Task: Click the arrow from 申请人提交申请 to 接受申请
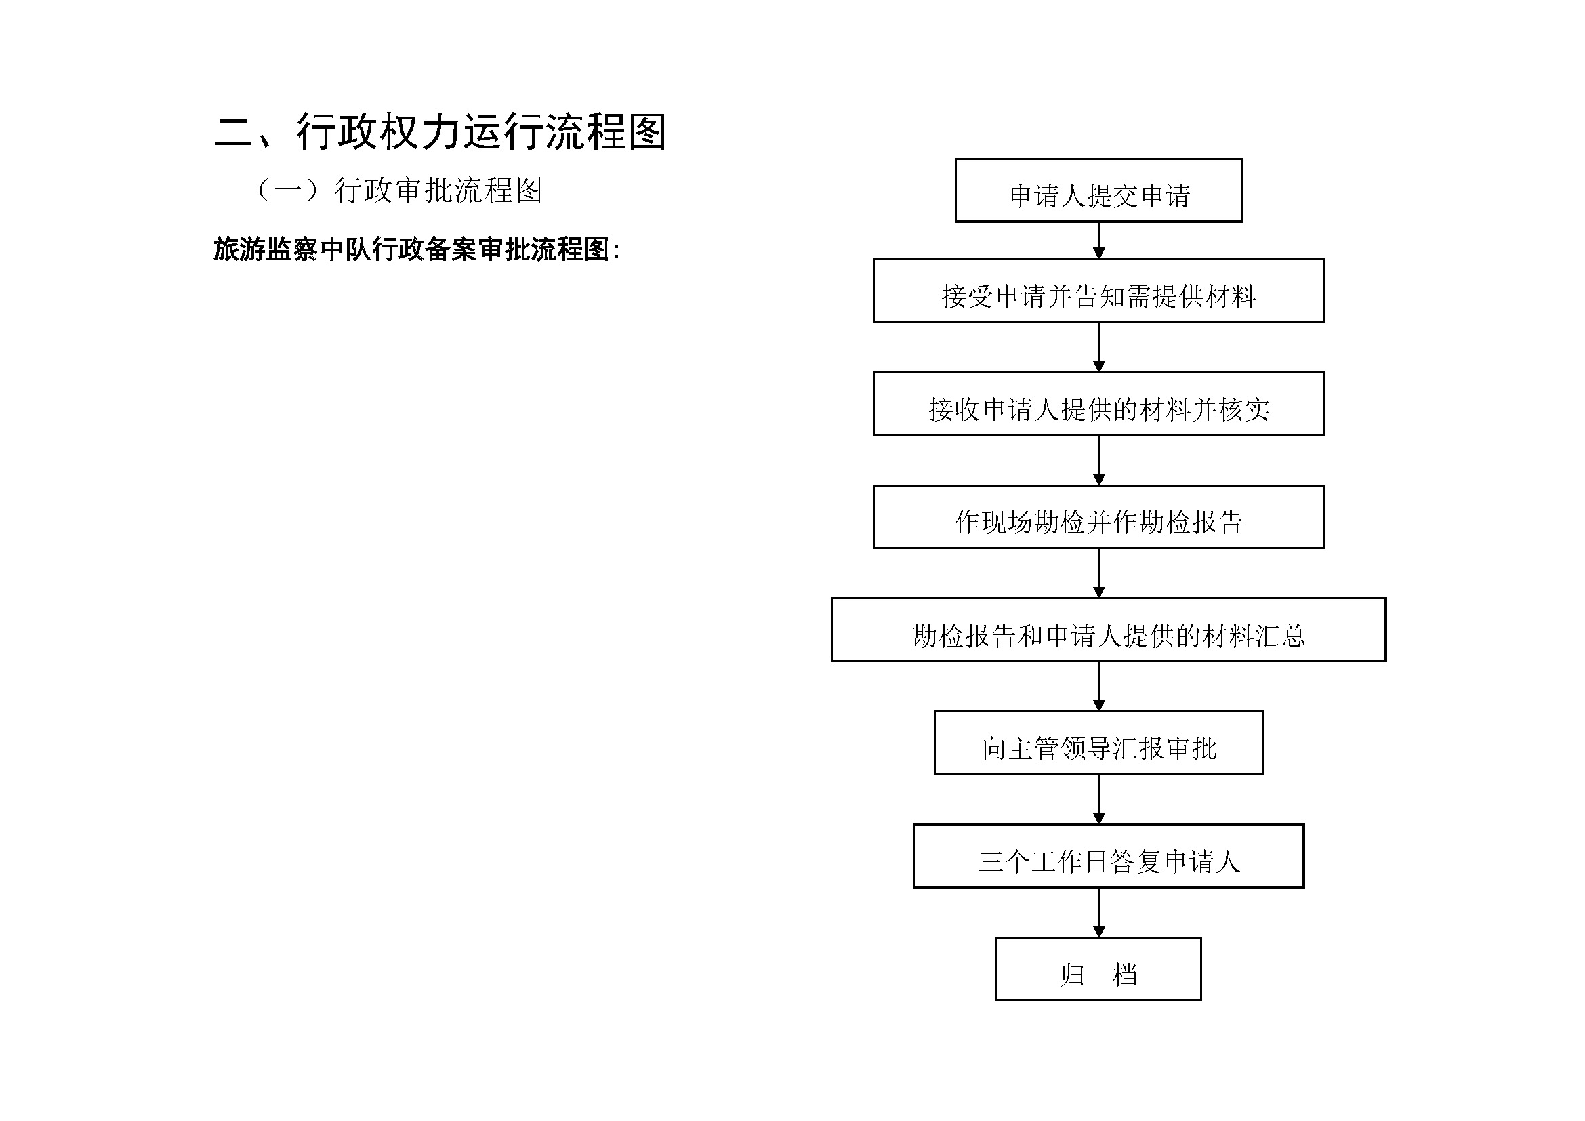[1099, 241]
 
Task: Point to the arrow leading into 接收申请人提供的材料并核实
[1099, 347]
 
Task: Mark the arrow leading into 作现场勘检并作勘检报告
[1099, 460]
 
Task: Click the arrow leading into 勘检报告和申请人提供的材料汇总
[1099, 573]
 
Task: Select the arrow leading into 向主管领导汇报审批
[1099, 686]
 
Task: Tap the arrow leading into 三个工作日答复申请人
[1099, 799]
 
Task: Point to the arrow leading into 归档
[1099, 912]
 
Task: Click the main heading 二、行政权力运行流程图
[440, 131]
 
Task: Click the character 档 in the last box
[1125, 975]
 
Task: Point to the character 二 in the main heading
[234, 132]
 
